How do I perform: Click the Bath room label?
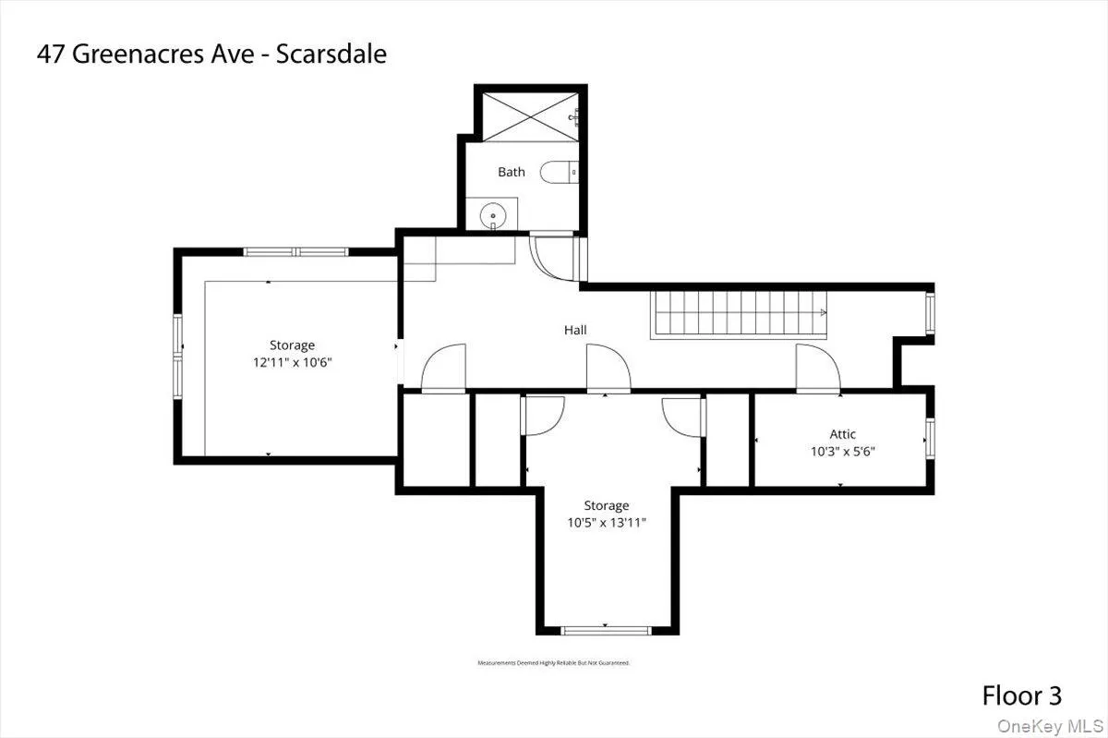[x=511, y=172]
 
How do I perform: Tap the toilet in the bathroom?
[x=557, y=171]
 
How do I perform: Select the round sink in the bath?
[x=493, y=215]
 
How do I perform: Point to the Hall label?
[x=575, y=330]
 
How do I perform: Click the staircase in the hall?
[x=739, y=315]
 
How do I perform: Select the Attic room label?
[x=842, y=434]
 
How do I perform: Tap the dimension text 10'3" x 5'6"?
[x=842, y=453]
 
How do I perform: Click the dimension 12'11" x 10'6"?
[x=292, y=363]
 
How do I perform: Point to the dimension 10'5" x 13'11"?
[x=606, y=523]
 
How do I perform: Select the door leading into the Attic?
[x=818, y=368]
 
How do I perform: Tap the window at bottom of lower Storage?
[x=606, y=630]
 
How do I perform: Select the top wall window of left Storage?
[x=295, y=251]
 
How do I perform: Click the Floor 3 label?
[x=1021, y=695]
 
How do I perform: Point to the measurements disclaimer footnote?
[x=553, y=663]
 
